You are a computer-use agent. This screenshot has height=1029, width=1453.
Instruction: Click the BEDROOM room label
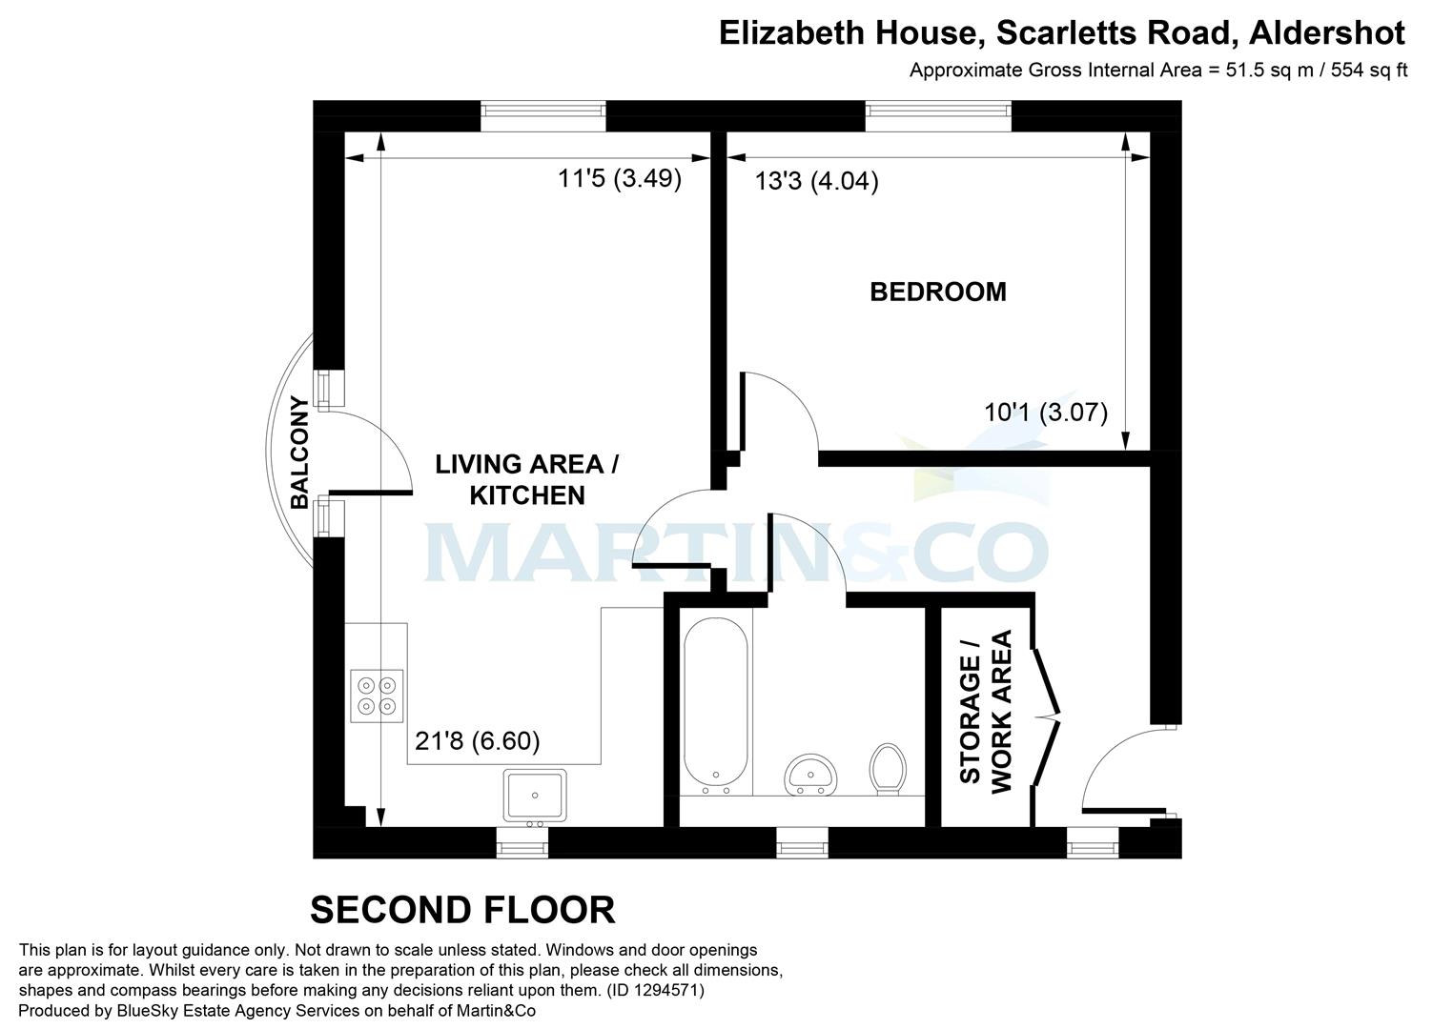coord(938,292)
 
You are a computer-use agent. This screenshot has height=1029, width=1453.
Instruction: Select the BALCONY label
coord(299,452)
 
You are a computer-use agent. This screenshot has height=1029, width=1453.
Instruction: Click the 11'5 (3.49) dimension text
coord(620,178)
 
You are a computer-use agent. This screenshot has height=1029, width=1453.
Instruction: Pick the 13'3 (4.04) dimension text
coord(816,181)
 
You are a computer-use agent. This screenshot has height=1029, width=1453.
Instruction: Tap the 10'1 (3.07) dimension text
coord(1046,413)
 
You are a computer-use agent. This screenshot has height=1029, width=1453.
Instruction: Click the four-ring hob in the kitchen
coord(377,696)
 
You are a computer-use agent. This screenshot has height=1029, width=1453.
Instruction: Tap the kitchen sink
coord(536,796)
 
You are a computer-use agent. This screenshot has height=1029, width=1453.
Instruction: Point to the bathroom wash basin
coord(809,774)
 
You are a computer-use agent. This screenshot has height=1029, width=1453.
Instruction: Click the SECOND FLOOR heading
coord(462,910)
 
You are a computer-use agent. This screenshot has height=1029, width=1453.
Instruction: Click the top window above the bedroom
coord(938,115)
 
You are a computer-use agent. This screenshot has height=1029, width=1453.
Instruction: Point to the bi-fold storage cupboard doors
coord(1046,716)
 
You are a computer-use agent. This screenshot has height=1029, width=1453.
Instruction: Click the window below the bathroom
coord(803,842)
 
